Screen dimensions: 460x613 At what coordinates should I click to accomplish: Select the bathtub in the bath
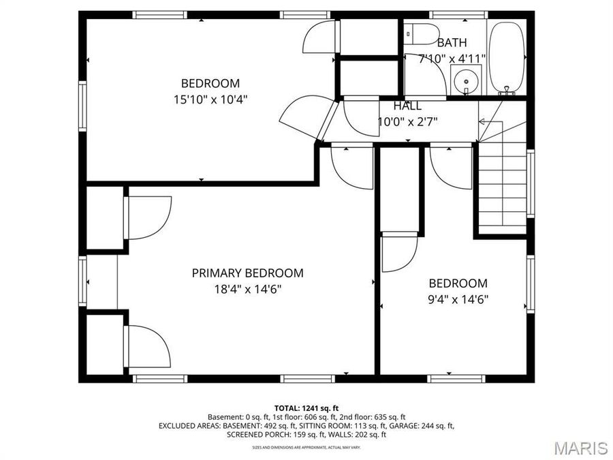pos(506,58)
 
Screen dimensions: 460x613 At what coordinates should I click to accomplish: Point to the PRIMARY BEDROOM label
pos(247,273)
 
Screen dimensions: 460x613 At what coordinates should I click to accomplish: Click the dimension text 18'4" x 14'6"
pos(247,289)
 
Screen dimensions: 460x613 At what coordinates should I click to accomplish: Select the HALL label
pos(407,106)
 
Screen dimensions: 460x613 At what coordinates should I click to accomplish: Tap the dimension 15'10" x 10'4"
pos(210,99)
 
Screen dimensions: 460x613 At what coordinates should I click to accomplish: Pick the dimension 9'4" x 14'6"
pos(458,298)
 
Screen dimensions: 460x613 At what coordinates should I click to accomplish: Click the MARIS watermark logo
pos(580,448)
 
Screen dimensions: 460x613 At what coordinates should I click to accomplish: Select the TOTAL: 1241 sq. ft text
pos(306,408)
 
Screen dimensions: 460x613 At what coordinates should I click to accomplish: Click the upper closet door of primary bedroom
pos(147,217)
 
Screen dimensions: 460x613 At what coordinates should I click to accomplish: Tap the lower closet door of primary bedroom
pos(147,346)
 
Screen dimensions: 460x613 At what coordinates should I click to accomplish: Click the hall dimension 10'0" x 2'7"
pos(407,122)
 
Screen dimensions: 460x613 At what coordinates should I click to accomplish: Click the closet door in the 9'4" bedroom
pos(398,252)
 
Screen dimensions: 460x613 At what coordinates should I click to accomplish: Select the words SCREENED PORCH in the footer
pos(258,434)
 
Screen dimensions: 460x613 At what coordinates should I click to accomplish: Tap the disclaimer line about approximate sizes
pos(306,447)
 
